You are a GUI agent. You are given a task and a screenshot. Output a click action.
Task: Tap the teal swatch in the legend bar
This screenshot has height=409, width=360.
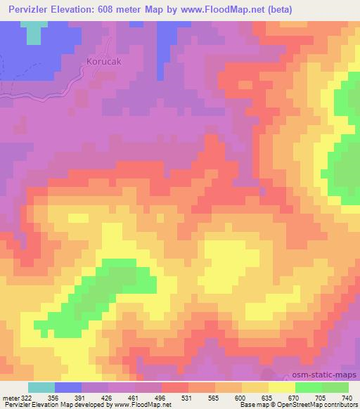[x=42, y=387]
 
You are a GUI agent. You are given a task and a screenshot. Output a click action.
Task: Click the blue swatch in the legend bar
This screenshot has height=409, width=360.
[x=69, y=387]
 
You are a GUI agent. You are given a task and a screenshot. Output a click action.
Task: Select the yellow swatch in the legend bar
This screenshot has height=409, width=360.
[x=282, y=387]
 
